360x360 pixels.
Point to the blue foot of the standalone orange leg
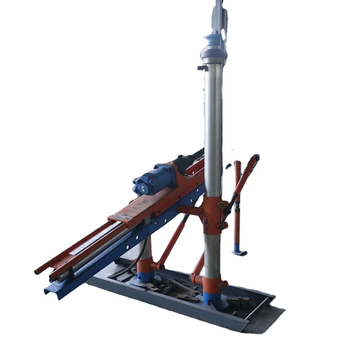[x=239, y=252]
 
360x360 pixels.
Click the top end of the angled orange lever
[x=256, y=157]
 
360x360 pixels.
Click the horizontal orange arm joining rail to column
[x=191, y=210]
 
